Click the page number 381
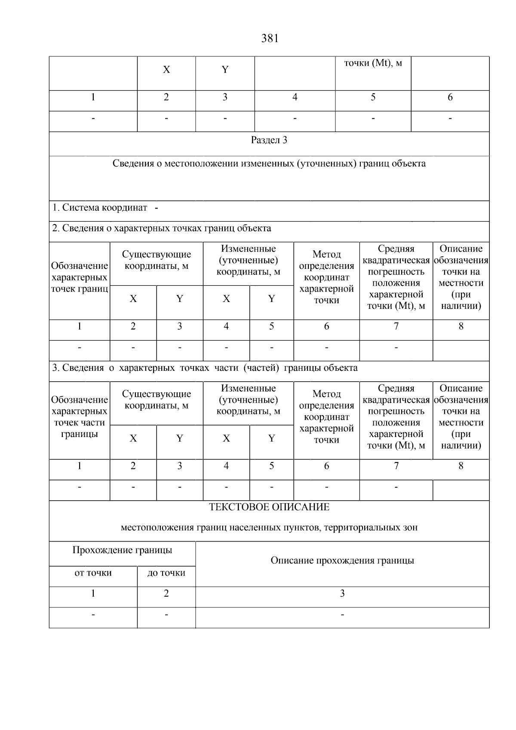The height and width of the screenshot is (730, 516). [270, 39]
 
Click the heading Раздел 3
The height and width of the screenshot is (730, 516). [269, 140]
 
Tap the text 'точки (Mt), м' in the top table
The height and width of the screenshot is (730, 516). [373, 63]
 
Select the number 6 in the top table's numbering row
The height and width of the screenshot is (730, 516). [450, 98]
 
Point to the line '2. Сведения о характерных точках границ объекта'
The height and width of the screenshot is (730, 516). [162, 228]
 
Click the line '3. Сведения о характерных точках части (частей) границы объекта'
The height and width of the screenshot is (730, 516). [205, 368]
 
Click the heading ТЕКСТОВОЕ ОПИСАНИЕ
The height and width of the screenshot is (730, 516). [269, 507]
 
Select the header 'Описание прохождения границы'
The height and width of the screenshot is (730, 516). [342, 561]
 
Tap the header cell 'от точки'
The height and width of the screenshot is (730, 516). [93, 573]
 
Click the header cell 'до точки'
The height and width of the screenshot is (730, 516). [166, 573]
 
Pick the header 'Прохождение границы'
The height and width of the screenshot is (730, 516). [122, 550]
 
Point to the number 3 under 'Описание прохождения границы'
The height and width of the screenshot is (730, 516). [342, 594]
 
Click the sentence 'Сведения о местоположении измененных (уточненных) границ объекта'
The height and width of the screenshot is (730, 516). [269, 164]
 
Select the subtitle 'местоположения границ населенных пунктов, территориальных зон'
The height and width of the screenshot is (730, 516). [269, 527]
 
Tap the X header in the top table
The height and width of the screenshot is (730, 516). [166, 70]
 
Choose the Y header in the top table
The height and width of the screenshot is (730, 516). [224, 70]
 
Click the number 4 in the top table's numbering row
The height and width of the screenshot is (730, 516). [295, 98]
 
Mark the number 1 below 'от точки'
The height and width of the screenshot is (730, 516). [93, 594]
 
